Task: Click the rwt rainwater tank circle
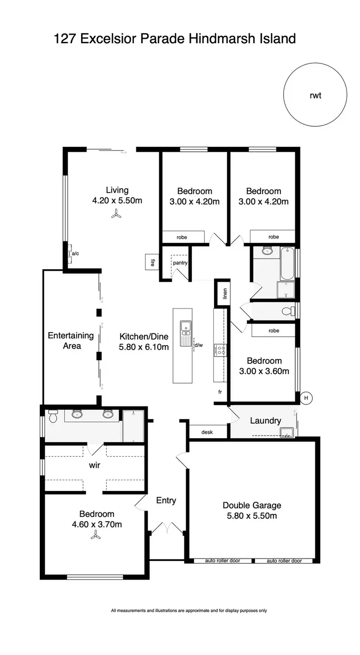click(315, 95)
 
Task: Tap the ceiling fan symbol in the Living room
click(115, 215)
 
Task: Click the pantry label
click(180, 263)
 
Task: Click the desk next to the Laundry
click(207, 432)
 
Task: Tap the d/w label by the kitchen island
click(198, 345)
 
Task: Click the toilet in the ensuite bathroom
click(53, 417)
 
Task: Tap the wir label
click(95, 465)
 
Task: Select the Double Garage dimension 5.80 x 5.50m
click(252, 516)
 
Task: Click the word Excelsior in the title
click(108, 38)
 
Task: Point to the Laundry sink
click(287, 431)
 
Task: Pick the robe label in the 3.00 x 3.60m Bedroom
click(274, 331)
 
